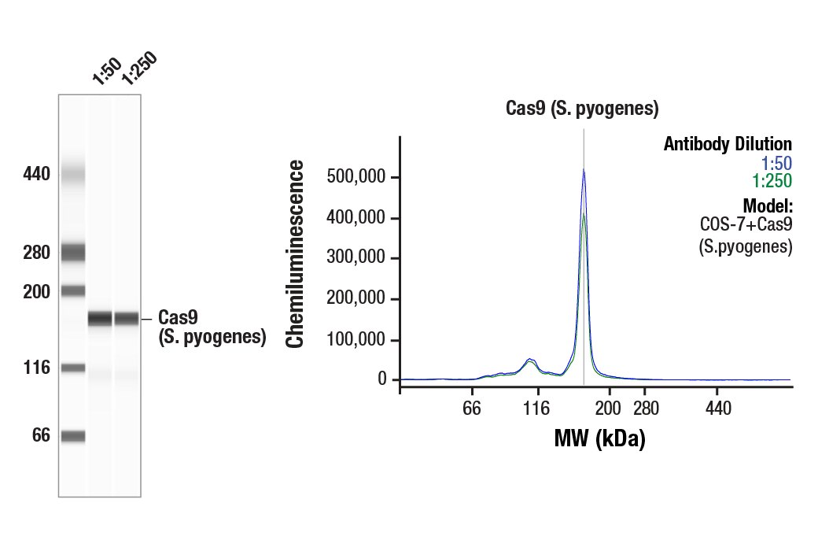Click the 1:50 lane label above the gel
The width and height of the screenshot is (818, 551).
[105, 70]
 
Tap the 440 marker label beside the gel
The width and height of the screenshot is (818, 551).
[36, 174]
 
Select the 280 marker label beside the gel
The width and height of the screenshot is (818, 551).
[36, 253]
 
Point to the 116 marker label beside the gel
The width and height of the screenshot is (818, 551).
[36, 368]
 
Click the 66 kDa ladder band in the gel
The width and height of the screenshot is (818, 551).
[73, 436]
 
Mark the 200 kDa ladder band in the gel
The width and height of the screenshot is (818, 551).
[73, 290]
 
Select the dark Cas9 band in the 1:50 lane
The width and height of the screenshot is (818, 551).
[100, 319]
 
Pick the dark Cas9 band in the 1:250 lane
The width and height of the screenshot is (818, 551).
[127, 319]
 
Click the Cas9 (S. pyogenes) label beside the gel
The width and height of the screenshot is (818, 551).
[212, 327]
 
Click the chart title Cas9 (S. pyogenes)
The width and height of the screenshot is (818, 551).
[581, 109]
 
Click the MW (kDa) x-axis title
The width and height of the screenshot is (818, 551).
[599, 438]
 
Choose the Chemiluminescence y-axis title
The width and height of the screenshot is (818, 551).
[295, 253]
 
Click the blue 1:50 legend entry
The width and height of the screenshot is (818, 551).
[776, 163]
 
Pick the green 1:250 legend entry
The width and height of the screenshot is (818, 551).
[772, 181]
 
